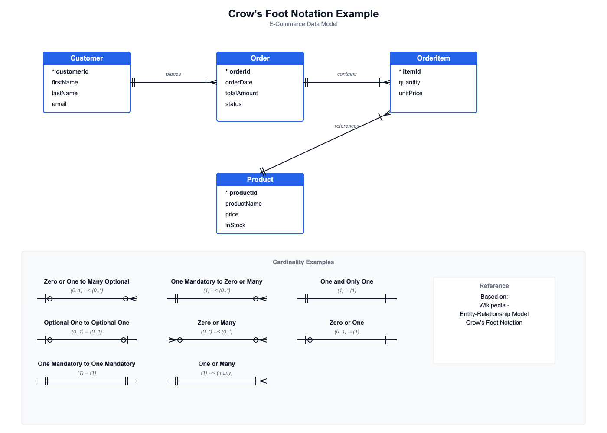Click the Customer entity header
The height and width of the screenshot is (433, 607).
pyautogui.click(x=87, y=58)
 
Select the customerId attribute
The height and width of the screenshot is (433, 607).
pyautogui.click(x=70, y=71)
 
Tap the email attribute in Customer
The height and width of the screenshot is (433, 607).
pyautogui.click(x=59, y=104)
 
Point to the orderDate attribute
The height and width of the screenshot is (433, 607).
pyautogui.click(x=239, y=82)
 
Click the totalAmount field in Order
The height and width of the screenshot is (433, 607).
pyautogui.click(x=241, y=93)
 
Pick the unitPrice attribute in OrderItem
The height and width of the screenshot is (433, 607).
pyautogui.click(x=411, y=93)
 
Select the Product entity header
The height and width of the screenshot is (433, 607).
pyautogui.click(x=260, y=180)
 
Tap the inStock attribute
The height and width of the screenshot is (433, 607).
pyautogui.click(x=235, y=225)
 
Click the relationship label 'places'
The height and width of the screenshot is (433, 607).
pyautogui.click(x=173, y=74)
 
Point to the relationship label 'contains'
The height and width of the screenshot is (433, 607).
pyautogui.click(x=347, y=74)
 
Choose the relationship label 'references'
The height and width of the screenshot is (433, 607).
pyautogui.click(x=347, y=126)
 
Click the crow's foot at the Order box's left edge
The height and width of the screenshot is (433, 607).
pyautogui.click(x=212, y=82)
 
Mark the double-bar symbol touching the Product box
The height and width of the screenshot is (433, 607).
pyautogui.click(x=263, y=171)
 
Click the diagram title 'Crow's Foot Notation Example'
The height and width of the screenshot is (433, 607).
pyautogui.click(x=303, y=14)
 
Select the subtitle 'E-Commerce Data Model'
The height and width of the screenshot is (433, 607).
pyautogui.click(x=303, y=24)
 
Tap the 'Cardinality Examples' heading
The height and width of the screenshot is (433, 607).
pyautogui.click(x=303, y=262)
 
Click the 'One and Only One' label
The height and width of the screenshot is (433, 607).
pyautogui.click(x=347, y=281)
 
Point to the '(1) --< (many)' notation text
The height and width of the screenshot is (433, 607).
pyautogui.click(x=217, y=373)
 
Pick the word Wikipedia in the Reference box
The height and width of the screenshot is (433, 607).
pyautogui.click(x=492, y=305)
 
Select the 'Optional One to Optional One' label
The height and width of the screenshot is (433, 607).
pyautogui.click(x=87, y=323)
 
